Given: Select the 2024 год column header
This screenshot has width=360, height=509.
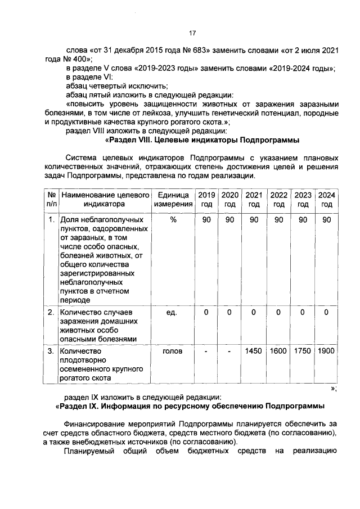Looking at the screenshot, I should point(326,199).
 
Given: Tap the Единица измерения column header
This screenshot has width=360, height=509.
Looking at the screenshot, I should point(173,199).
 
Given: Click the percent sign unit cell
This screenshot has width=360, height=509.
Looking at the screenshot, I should point(173,219).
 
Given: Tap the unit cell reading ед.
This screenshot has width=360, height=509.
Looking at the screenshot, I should point(173,312).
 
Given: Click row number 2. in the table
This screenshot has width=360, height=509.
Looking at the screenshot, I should point(51,312).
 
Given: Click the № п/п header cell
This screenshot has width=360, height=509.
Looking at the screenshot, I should point(51,199).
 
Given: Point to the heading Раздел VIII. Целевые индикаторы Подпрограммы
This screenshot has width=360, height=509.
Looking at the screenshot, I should point(202,139).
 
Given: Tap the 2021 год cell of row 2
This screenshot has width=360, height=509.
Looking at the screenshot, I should point(254,312).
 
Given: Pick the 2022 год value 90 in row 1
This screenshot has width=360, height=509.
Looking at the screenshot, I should point(278,219).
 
